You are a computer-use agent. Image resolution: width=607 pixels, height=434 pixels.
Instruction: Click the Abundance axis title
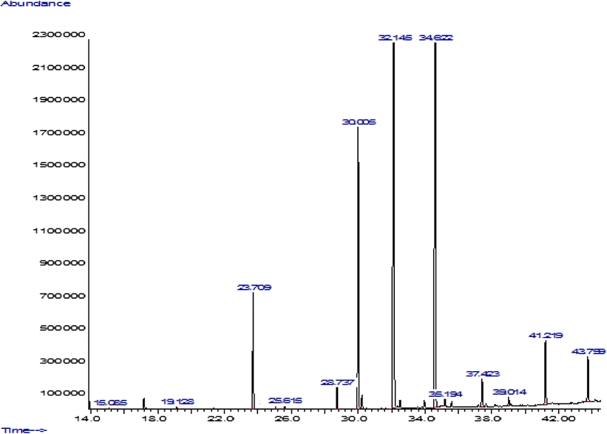[35, 4]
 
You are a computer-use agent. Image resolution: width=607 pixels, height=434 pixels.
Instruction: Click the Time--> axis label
[24, 430]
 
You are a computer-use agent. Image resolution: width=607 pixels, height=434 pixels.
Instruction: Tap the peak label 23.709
[254, 287]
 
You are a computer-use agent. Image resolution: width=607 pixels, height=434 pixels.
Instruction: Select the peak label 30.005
[359, 121]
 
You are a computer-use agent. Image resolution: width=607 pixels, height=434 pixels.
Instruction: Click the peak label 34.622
[436, 37]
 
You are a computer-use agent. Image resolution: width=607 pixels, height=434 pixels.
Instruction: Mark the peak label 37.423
[483, 374]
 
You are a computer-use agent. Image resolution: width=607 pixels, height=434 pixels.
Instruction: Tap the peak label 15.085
[110, 402]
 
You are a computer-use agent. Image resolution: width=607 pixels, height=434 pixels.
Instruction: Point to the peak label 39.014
[509, 392]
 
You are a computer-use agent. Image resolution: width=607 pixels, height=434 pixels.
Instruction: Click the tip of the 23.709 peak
[253, 294]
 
